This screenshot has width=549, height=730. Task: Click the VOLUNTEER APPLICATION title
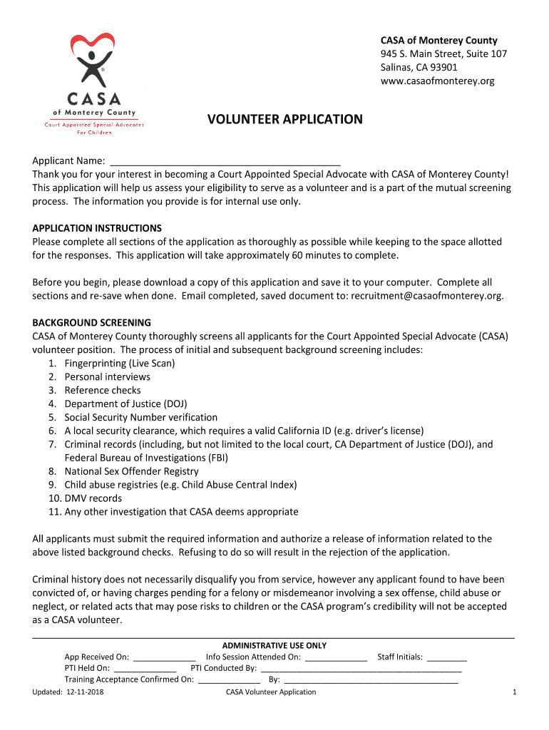(284, 120)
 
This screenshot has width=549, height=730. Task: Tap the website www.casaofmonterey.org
(436, 81)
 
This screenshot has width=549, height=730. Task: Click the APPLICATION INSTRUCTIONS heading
(97, 228)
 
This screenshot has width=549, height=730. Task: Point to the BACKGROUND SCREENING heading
(91, 322)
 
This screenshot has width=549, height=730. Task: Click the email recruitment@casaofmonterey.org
(426, 296)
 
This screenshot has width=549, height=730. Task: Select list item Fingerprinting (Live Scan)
(120, 363)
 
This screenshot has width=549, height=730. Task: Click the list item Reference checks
(103, 390)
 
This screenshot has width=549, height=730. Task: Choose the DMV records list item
(93, 498)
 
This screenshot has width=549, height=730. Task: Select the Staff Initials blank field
(447, 658)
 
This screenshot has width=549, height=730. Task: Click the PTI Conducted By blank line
(361, 669)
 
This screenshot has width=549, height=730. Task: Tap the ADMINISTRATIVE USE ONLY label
(274, 645)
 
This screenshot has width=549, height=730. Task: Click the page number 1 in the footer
(514, 692)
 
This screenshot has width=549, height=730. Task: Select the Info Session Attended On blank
(335, 658)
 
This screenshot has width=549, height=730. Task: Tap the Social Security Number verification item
(141, 417)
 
